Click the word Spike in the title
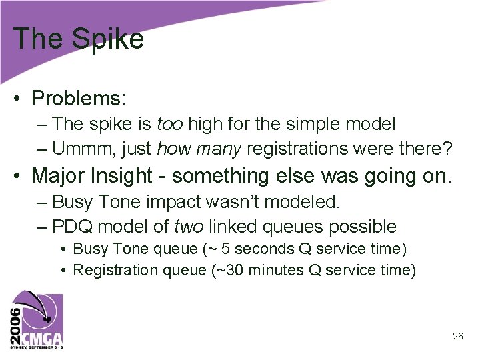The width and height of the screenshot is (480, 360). click(x=108, y=39)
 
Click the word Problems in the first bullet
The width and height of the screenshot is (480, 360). click(x=78, y=99)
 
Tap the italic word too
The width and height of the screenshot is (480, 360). click(x=170, y=124)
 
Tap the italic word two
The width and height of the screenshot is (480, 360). click(x=189, y=226)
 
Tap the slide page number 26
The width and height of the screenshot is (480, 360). click(x=457, y=337)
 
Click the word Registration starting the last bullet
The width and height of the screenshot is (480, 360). click(x=107, y=270)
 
